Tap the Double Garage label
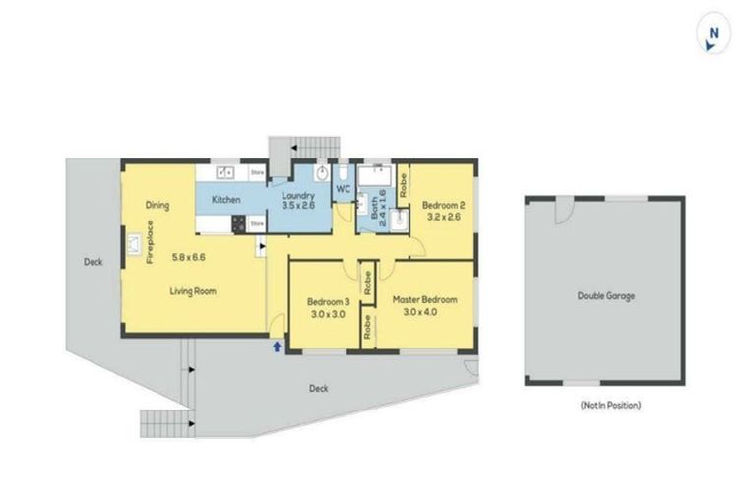tap(605, 295)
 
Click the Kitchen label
tap(226, 200)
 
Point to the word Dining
tap(157, 206)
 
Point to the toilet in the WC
tap(343, 169)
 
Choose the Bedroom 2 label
tap(442, 205)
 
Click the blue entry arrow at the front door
tap(277, 346)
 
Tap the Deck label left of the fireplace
tap(93, 262)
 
